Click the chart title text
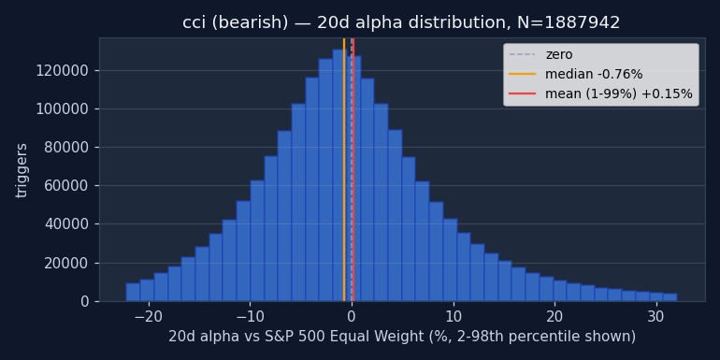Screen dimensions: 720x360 401,22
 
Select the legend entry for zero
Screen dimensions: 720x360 540,54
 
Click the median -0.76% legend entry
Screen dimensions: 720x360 575,74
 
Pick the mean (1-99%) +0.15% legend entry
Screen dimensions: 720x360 600,94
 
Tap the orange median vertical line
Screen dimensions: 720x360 344,170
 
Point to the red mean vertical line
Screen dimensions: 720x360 353,170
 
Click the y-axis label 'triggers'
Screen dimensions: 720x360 22,170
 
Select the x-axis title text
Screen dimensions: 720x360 402,337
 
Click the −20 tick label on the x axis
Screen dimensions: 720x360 149,317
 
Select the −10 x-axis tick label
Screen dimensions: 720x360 250,317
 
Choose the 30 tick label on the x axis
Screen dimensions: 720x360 656,317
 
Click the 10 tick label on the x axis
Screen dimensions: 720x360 454,317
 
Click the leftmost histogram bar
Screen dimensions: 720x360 133,292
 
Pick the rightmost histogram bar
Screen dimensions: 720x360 670,297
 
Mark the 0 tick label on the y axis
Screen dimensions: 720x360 84,302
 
